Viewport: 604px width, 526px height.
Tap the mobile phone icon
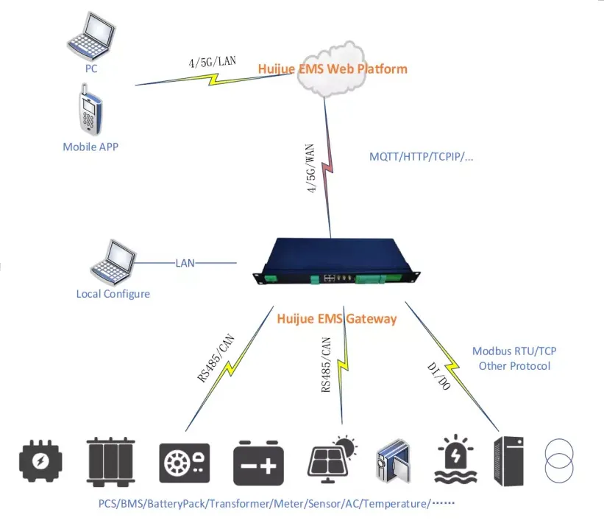point(88,109)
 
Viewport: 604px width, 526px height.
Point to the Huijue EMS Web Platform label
point(332,69)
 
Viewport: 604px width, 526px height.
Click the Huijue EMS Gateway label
point(336,319)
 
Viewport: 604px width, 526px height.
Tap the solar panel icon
point(335,459)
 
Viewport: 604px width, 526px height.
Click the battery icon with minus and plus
point(258,462)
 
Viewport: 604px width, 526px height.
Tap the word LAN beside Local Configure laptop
point(185,262)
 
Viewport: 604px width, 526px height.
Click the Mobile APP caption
point(90,147)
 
